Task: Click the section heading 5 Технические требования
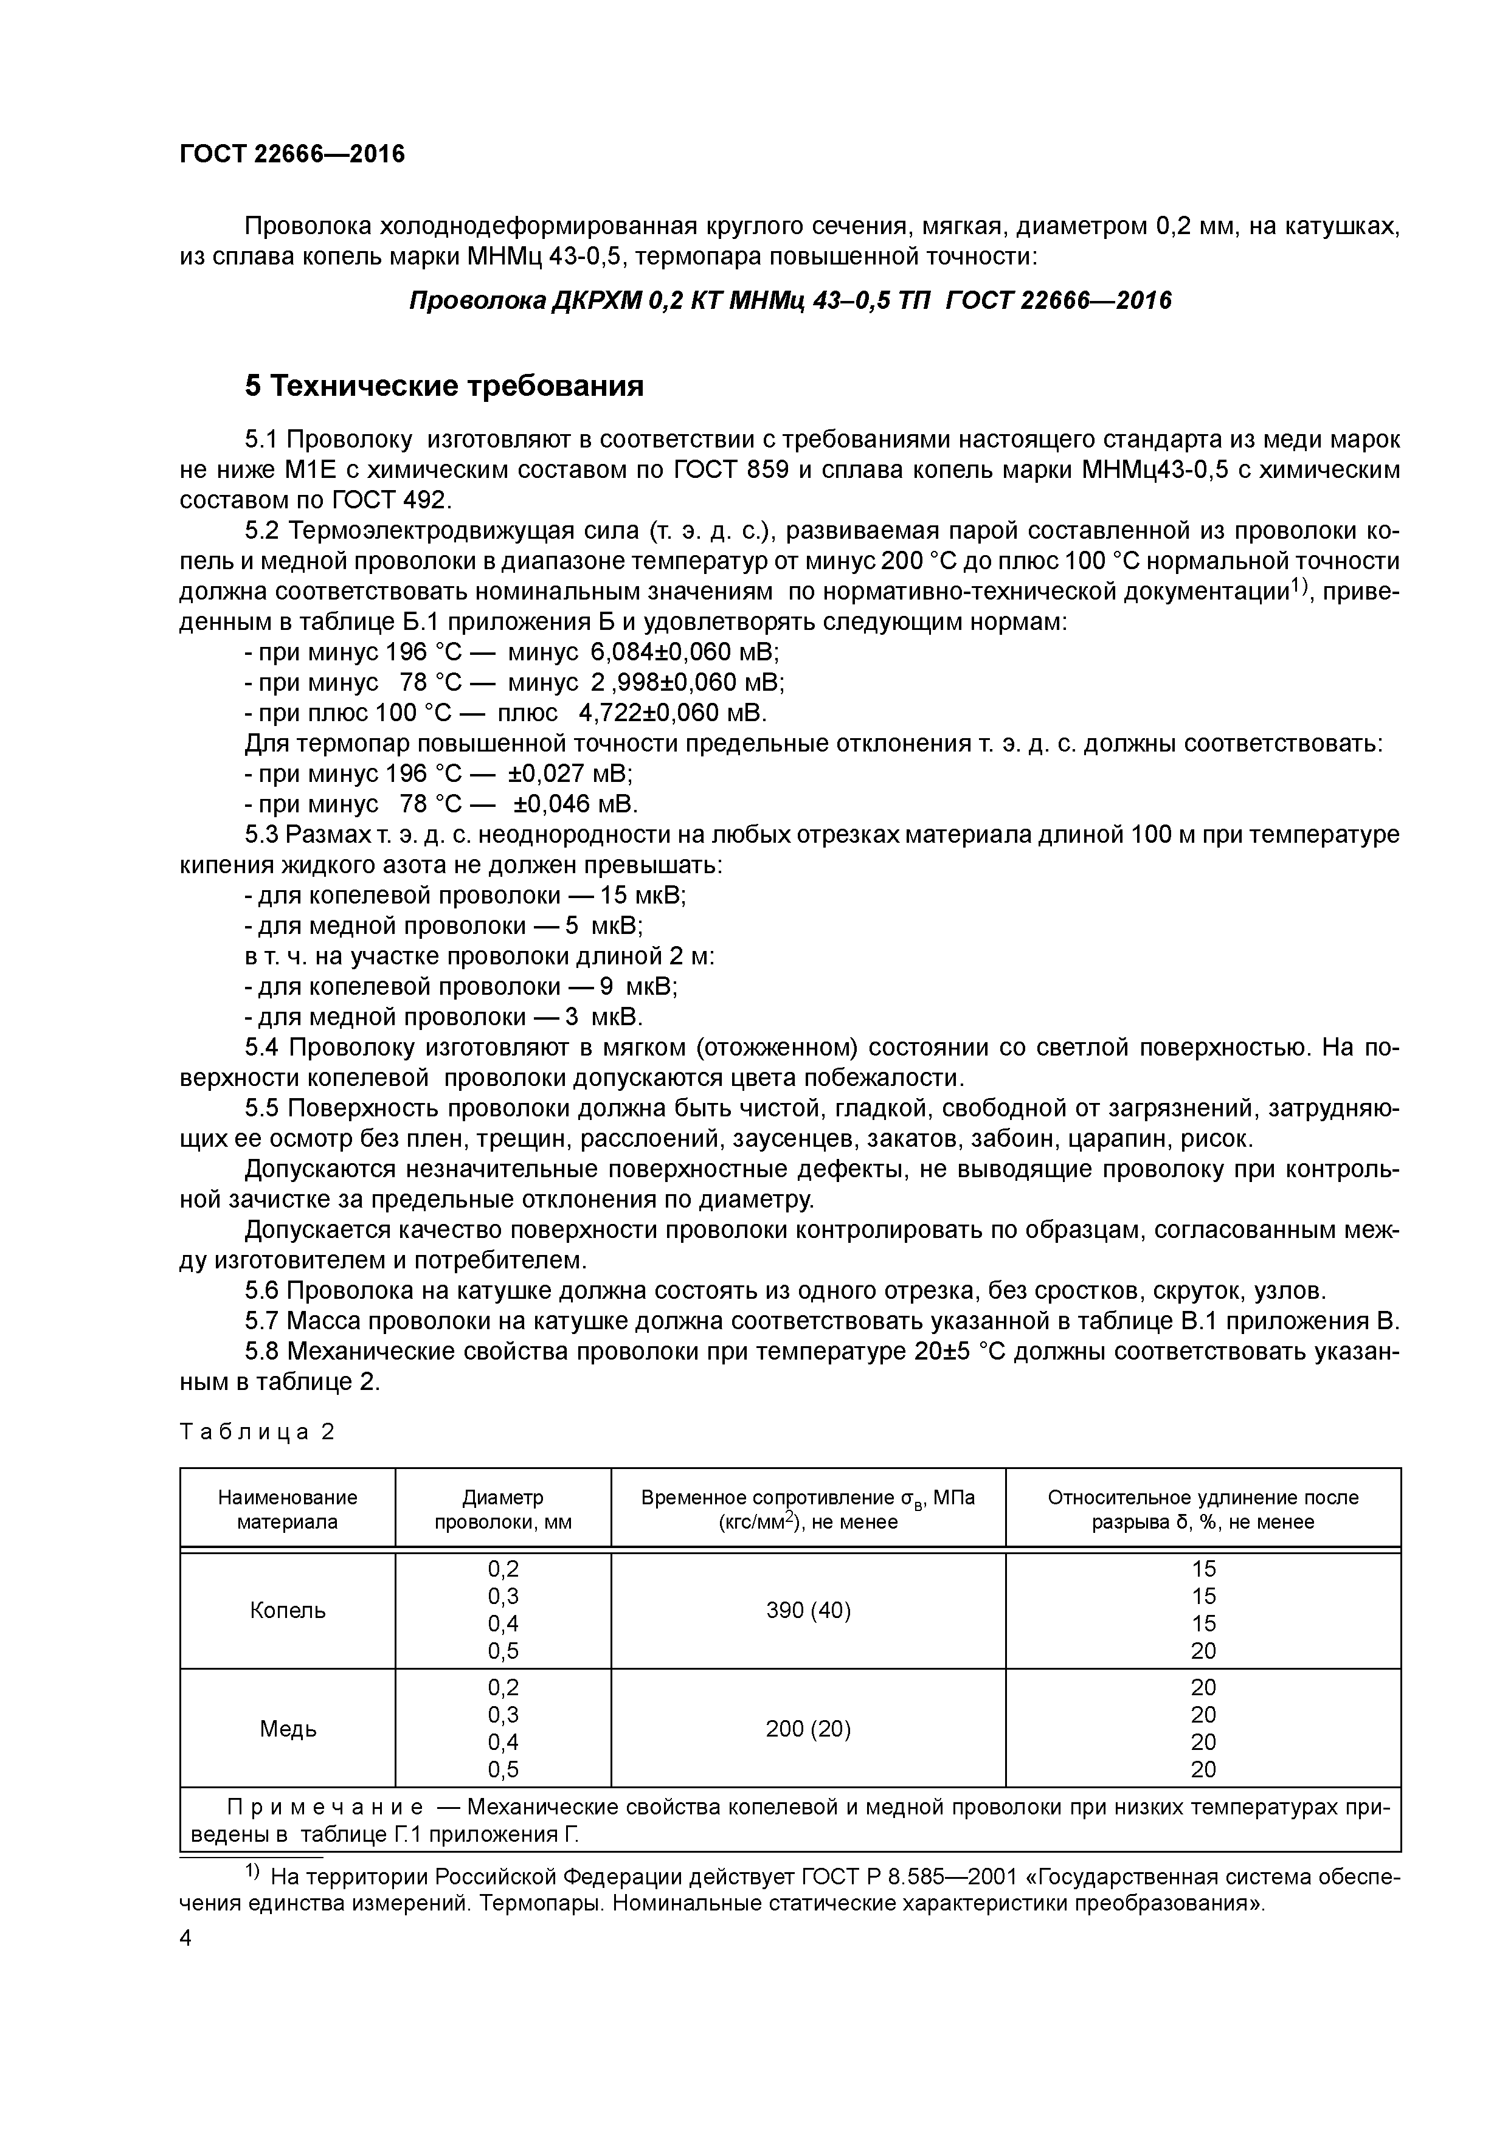tap(444, 385)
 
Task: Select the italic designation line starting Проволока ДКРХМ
tap(790, 301)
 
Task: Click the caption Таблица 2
tap(257, 1433)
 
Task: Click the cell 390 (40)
tap(808, 1610)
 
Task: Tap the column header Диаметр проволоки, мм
tap(503, 1510)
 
